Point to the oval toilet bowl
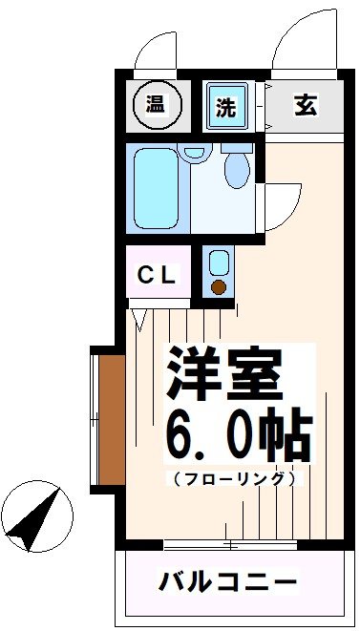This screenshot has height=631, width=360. pyautogui.click(x=236, y=169)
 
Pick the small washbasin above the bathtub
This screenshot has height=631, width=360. pyautogui.click(x=195, y=152)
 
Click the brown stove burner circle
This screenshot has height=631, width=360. pyautogui.click(x=219, y=287)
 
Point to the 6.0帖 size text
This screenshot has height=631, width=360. pyautogui.click(x=239, y=437)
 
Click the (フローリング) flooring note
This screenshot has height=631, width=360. pyautogui.click(x=235, y=477)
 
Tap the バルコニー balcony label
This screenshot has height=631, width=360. pyautogui.click(x=228, y=580)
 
